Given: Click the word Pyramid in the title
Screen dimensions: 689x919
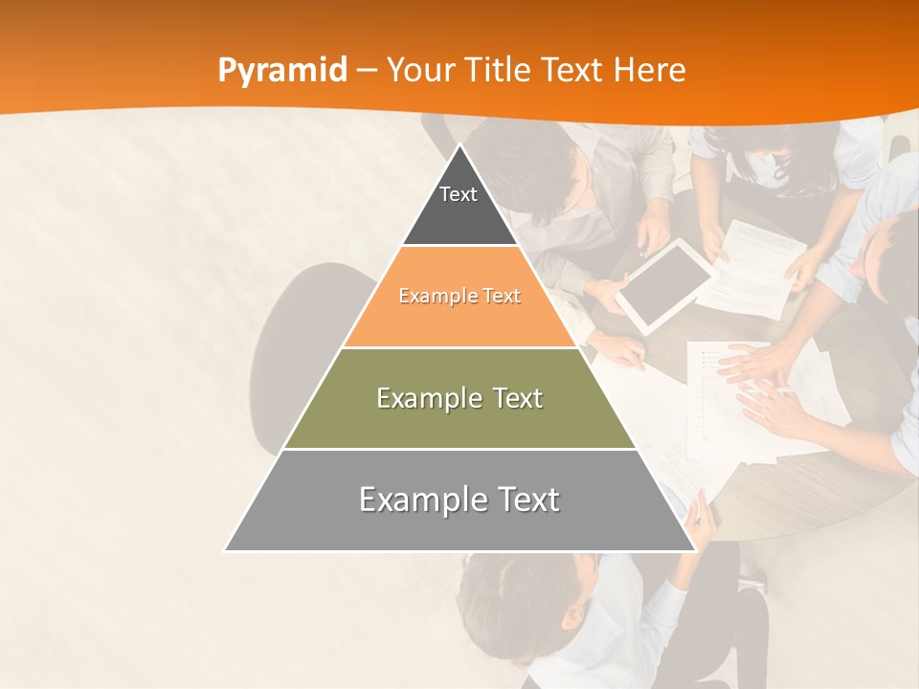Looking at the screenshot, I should [282, 72].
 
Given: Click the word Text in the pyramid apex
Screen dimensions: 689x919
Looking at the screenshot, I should [459, 194].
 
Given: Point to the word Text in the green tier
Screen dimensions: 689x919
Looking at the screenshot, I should [509, 398].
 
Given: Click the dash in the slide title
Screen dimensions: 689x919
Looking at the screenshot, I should [366, 70].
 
